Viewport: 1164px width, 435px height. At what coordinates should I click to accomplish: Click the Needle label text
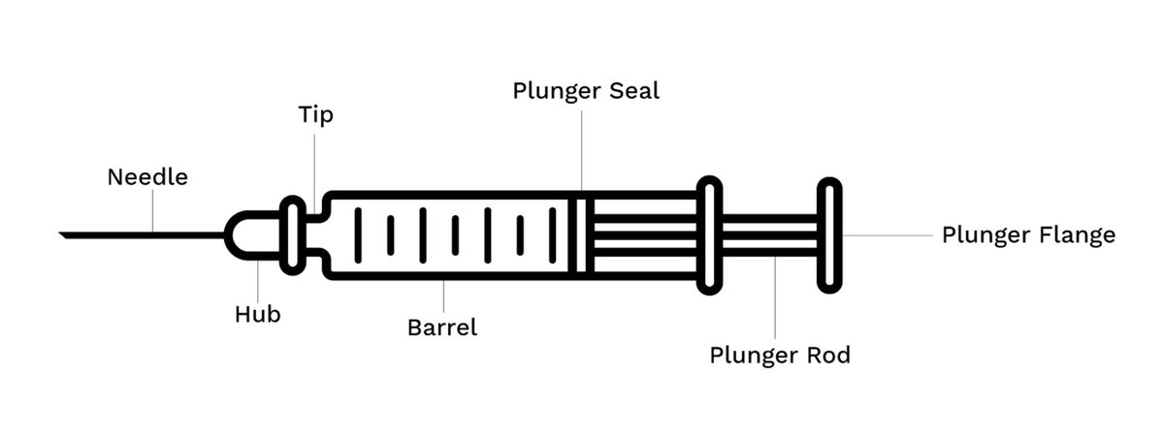147,177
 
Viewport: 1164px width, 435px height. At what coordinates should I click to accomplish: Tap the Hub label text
257,315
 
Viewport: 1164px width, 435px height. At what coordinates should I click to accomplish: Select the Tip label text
315,115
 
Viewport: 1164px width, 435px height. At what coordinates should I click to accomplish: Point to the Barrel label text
442,327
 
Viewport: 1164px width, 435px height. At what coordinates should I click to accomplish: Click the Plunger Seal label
586,91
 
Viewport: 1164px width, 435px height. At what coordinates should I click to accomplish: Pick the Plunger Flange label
1028,235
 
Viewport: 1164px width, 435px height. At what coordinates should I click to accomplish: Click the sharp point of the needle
63,234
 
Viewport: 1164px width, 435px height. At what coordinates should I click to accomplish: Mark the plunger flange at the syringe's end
827,234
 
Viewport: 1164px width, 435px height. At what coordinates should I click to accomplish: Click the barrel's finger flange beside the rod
710,234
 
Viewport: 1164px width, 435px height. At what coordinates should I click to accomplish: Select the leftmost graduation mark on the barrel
358,234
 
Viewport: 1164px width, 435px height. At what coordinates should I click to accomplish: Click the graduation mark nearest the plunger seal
553,234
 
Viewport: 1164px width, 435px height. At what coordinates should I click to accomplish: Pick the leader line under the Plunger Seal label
582,145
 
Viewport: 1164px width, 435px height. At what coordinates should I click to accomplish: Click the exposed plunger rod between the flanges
771,234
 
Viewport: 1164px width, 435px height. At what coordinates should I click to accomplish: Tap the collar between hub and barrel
291,234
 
